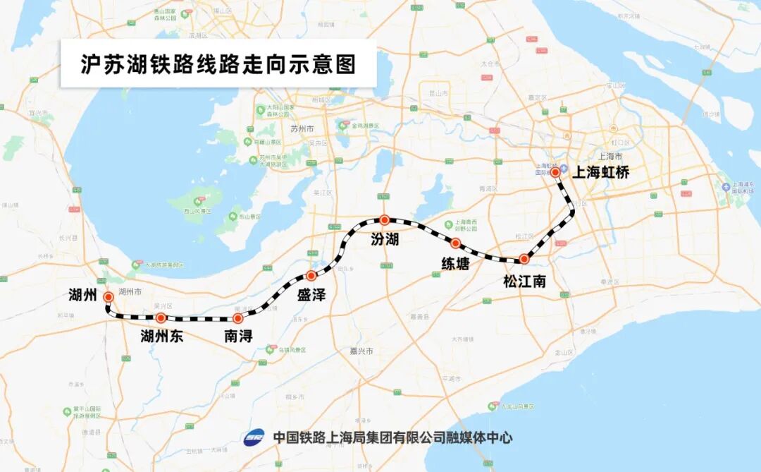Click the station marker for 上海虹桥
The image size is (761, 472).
tap(555, 172)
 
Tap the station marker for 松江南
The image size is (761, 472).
tap(524, 259)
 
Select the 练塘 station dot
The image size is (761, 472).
tap(455, 243)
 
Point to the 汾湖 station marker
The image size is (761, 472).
tap(384, 219)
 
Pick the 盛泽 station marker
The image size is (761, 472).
tap(311, 275)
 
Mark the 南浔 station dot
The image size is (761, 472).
tap(237, 319)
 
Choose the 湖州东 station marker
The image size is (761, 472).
tap(161, 317)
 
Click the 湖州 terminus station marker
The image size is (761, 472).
tap(108, 297)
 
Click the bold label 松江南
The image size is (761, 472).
tap(524, 281)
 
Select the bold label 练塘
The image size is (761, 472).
tap(455, 264)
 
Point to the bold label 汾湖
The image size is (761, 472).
tap(385, 240)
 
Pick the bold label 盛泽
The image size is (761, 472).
tap(311, 295)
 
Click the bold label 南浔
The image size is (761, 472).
tap(238, 337)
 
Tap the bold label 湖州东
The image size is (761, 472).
tap(161, 337)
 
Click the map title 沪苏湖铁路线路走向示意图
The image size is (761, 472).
tap(218, 64)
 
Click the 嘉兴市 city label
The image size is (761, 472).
tap(364, 351)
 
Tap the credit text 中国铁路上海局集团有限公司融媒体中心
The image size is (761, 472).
tap(392, 438)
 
